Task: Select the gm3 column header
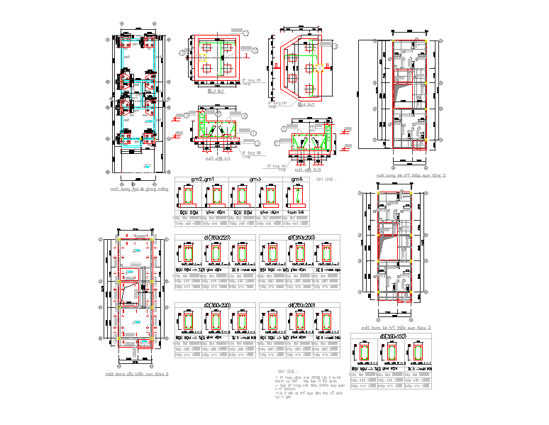(x=255, y=180)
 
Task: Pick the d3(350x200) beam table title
(x=299, y=237)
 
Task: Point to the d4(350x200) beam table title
(x=299, y=305)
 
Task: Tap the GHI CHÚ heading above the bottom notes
(x=285, y=371)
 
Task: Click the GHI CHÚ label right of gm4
(x=326, y=180)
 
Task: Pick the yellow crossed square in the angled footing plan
(x=321, y=67)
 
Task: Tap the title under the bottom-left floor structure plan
(x=136, y=373)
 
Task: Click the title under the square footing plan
(x=216, y=92)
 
